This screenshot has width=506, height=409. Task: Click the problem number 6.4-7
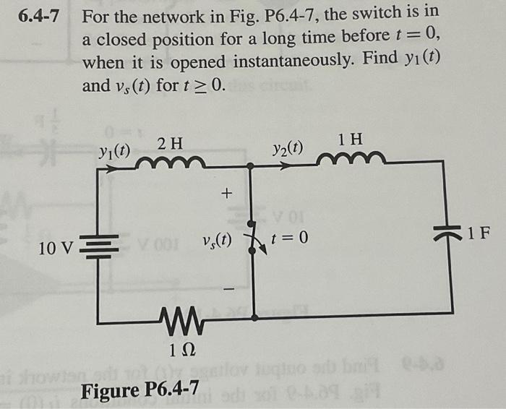37,15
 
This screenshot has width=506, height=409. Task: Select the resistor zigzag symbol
176,317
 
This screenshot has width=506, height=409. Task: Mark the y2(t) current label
288,148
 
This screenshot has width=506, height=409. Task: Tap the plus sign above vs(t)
226,193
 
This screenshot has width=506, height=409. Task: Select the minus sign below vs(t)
226,288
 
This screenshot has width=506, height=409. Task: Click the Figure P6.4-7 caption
137,392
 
